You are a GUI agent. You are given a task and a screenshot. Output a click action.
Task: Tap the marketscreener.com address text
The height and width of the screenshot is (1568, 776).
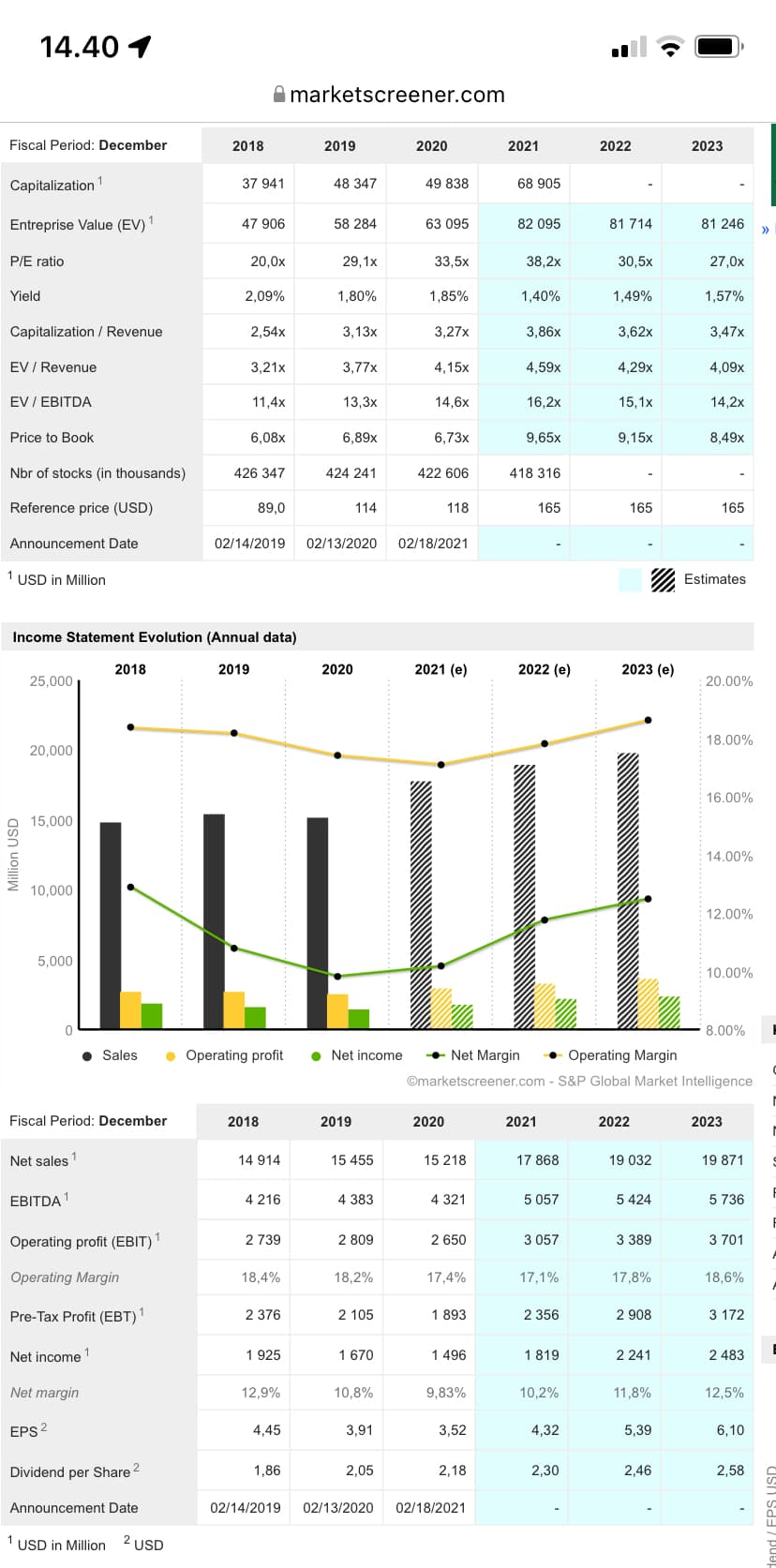coord(397,95)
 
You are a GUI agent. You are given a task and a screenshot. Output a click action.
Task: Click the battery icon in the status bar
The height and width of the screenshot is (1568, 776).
coord(718,47)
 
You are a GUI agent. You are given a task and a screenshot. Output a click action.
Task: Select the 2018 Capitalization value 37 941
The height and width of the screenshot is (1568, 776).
coord(263,184)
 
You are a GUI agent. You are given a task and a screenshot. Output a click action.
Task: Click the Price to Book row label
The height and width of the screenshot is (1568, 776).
coord(52,438)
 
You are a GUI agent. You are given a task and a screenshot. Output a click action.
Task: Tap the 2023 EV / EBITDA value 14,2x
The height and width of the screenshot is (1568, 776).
coord(727,402)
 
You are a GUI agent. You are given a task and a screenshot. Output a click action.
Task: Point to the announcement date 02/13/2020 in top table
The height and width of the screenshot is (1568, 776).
coord(341,544)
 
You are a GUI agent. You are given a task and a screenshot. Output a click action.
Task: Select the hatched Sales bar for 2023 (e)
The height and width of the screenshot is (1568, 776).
coord(628,890)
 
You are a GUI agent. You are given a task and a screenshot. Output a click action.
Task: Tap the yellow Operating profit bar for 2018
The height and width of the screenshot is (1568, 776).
coord(130,1010)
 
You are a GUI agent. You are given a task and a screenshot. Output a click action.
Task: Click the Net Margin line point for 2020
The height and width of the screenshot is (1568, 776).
coord(337,977)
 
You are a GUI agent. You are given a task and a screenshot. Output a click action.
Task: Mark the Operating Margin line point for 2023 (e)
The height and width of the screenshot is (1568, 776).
coord(648,721)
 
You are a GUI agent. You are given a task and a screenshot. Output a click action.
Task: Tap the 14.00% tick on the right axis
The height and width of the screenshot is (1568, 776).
coord(728,857)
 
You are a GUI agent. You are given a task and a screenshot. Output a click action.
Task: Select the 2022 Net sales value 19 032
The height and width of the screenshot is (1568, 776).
coord(630,1160)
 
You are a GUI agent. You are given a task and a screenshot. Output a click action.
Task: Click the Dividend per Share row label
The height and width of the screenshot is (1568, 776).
coord(70,1472)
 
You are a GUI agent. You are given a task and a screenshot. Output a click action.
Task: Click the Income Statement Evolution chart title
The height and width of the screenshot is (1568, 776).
coord(155,637)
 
